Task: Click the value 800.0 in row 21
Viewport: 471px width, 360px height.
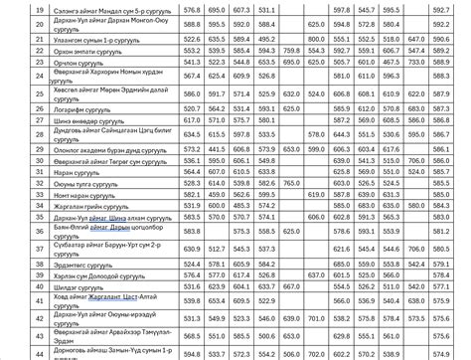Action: [316, 37]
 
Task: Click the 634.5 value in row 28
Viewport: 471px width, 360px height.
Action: [192, 132]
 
